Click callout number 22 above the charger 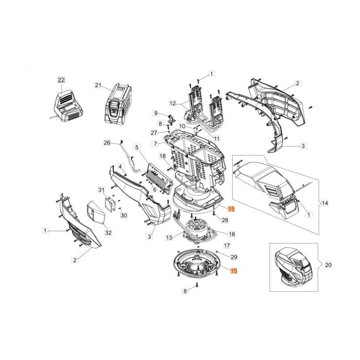tap(61, 80)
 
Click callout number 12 tap(173, 103)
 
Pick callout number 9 tap(156, 113)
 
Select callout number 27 tap(154, 132)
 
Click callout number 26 tap(107, 143)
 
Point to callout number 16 tap(232, 234)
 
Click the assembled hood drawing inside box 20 tap(292, 266)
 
